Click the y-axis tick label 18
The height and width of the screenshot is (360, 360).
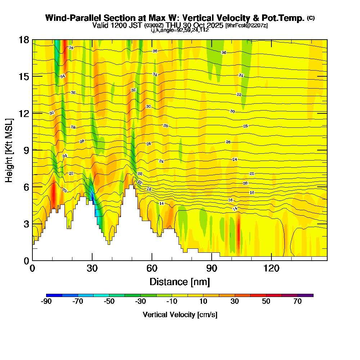[24, 40]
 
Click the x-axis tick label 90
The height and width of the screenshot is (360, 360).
[212, 268]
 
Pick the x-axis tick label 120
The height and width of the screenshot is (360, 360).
[271, 268]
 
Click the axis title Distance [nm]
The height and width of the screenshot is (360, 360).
[180, 281]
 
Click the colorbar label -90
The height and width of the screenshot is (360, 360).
[47, 302]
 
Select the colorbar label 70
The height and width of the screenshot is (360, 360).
[297, 302]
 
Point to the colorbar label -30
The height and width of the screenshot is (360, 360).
[140, 302]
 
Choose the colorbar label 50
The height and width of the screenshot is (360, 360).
[266, 302]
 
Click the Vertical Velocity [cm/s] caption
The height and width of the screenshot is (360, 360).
[180, 315]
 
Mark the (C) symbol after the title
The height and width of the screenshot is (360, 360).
[311, 18]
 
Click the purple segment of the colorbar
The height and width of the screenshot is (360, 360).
[305, 295]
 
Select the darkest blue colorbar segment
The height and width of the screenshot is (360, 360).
[54, 295]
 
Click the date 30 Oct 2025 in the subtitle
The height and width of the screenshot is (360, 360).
[200, 26]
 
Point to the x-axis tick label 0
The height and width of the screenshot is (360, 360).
[32, 268]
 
